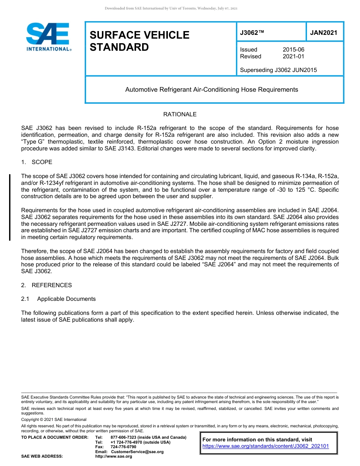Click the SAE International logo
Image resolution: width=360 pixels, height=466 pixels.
[48, 37]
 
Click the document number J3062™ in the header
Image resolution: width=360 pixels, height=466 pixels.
[252, 33]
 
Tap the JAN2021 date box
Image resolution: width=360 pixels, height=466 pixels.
[324, 33]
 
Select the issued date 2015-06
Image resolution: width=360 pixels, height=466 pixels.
[293, 50]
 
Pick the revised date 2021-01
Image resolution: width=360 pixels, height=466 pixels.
[293, 56]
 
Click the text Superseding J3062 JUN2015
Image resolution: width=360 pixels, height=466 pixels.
[278, 70]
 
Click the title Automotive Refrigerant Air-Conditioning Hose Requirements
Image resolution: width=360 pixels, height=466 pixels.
[211, 90]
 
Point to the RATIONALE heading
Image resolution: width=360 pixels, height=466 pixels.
[180, 114]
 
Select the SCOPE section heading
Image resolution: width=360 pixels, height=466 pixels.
[42, 162]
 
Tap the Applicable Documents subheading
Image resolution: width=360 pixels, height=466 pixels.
[66, 299]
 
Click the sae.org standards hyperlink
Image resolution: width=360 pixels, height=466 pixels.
[266, 446]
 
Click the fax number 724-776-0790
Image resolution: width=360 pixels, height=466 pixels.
[123, 447]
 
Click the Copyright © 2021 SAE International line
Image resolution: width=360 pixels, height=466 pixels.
[54, 419]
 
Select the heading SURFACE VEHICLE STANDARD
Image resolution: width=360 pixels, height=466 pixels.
[139, 41]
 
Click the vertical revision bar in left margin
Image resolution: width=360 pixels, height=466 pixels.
[10, 207]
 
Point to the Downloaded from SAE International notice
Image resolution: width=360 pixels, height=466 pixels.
[171, 8]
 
